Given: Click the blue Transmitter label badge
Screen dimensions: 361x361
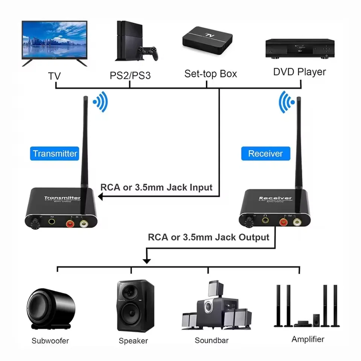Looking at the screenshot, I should [55, 153].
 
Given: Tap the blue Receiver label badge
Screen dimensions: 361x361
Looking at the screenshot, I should [265, 153].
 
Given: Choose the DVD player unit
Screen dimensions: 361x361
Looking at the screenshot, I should [300, 48].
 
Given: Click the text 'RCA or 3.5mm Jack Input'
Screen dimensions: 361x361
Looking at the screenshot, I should [156, 187].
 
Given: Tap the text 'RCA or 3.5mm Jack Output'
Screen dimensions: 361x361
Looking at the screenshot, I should [209, 237].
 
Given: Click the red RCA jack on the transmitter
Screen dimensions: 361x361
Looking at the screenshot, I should [70, 224].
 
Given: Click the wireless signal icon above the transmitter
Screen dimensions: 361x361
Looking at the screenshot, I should [100, 102].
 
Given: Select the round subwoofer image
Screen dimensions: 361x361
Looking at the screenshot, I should [50, 307].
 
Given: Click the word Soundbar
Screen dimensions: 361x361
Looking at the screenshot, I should [211, 341].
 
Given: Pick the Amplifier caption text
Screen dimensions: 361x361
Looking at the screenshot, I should [308, 339].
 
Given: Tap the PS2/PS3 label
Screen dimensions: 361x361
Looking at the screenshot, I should [130, 75].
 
